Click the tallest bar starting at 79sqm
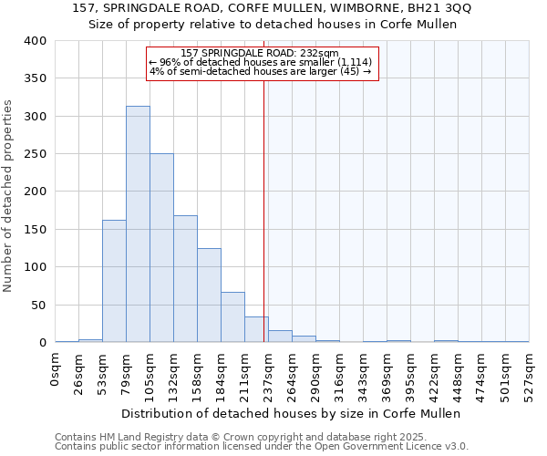138,224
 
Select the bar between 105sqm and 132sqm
161,248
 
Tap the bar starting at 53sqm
114,281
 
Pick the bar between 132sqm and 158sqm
185,279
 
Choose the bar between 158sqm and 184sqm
209,295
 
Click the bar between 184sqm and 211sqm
232,317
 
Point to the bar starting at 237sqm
280,337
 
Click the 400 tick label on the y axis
35,41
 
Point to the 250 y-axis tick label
35,154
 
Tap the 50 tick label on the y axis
37,305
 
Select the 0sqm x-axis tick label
56,369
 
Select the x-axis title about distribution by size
291,413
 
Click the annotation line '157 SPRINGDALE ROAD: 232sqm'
260,53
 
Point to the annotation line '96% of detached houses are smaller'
260,62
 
